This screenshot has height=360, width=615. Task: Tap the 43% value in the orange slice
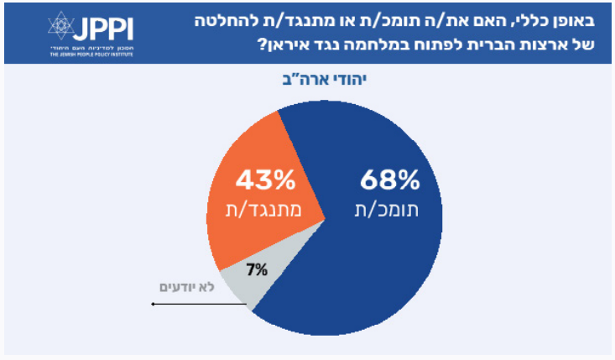pos(265,180)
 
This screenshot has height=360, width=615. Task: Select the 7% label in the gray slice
pos(257,269)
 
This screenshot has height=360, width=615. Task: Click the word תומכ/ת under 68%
pos(388,210)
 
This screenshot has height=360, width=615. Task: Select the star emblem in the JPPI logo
pos(60,26)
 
